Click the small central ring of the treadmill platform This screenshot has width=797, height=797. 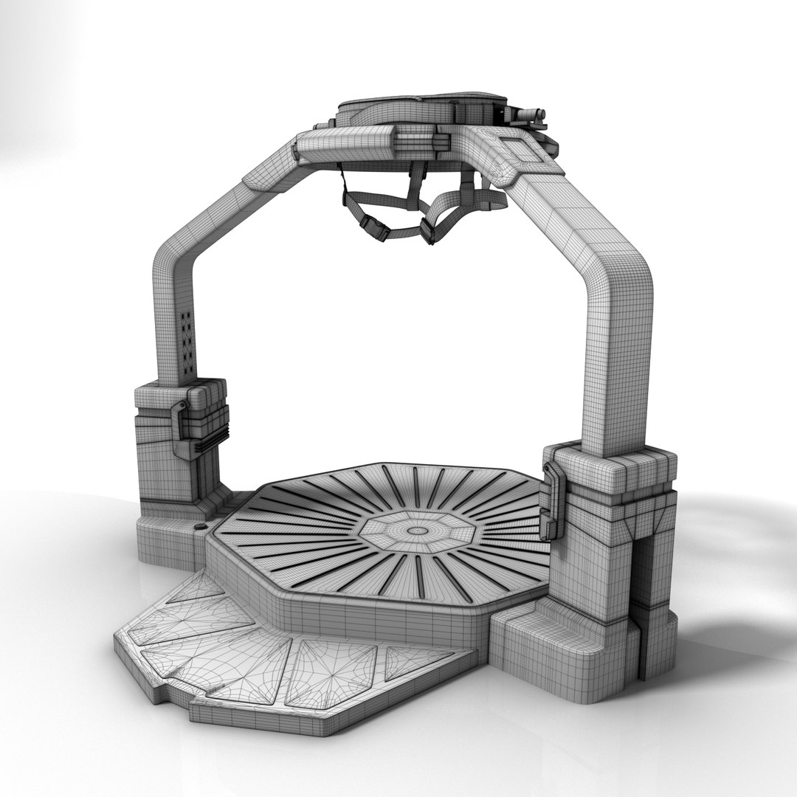pos(417,531)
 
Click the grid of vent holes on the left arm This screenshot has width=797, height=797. pos(187,341)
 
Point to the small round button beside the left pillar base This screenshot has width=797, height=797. pos(199,527)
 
